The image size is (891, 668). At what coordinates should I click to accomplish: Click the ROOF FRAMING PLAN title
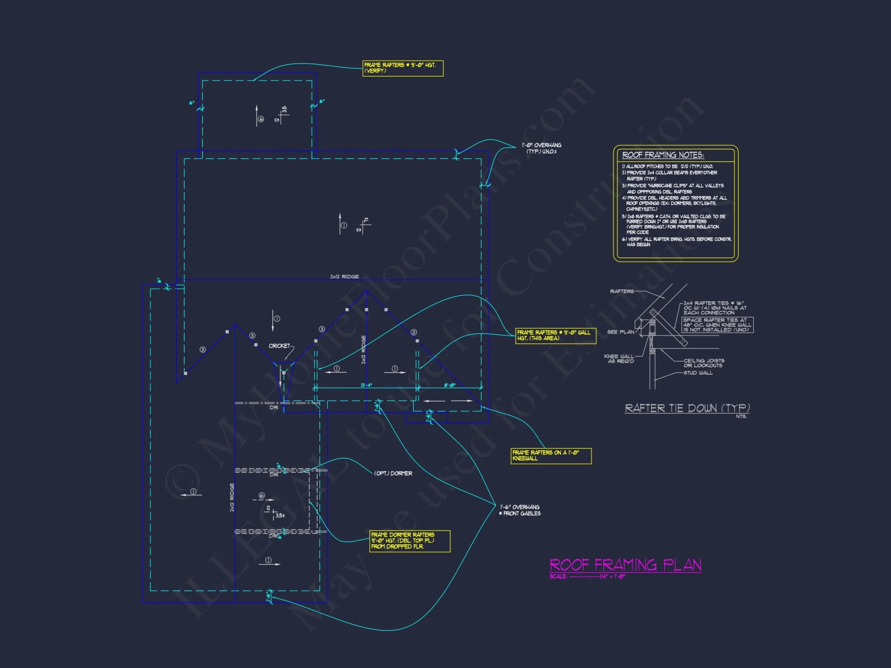coord(625,565)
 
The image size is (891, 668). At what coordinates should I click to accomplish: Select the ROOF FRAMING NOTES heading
coord(662,155)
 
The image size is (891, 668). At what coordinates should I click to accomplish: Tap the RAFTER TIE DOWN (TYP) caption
coord(687,408)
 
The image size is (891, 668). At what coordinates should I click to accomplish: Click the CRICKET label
coord(279,346)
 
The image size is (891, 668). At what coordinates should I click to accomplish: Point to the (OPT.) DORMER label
coord(393,473)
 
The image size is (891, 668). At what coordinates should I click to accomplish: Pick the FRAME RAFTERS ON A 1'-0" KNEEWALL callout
coord(551,456)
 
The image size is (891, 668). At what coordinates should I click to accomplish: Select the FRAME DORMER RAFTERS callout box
coord(409,541)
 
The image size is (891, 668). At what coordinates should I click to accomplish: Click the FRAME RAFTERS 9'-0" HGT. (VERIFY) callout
coord(403,68)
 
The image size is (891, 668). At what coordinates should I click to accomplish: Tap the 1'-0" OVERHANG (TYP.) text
coord(541,148)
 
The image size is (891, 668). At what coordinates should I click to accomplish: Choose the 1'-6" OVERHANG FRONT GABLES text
coord(520,510)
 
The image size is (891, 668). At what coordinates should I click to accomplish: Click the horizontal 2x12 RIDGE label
coord(344,277)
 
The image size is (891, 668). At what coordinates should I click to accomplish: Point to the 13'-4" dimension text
coord(366,385)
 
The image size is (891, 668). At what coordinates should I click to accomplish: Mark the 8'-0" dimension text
coord(450,385)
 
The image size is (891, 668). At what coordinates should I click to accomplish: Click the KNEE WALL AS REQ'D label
coord(619,358)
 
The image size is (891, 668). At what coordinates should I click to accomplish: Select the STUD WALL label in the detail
coord(698,373)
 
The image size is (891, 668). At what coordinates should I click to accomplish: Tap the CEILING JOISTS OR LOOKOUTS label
coord(703,363)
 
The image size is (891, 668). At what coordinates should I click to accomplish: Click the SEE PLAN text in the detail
coord(621,332)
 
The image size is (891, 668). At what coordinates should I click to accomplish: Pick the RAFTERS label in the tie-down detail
coord(622,291)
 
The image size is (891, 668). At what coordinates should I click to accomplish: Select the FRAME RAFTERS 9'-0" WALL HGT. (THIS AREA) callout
coord(556,335)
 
